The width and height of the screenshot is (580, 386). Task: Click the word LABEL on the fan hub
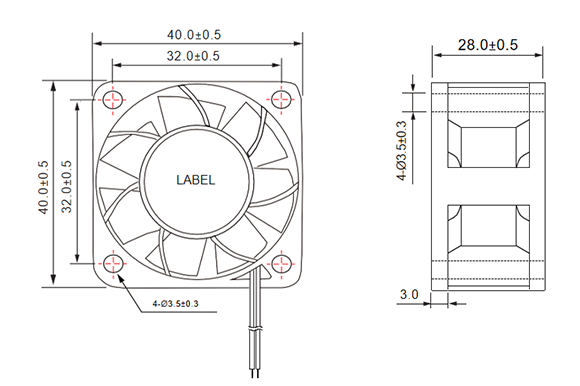click(x=195, y=180)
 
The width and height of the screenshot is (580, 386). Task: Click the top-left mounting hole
click(x=113, y=99)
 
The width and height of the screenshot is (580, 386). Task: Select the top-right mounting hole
click(x=281, y=99)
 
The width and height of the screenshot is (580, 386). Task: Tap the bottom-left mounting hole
click(x=113, y=263)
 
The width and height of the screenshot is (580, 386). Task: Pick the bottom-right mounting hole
click(x=281, y=264)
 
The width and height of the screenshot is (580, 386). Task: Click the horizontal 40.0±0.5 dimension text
click(x=194, y=35)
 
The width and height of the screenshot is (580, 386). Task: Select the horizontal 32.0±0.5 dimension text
click(x=193, y=56)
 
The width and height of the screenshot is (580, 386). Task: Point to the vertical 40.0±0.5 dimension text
click(x=43, y=187)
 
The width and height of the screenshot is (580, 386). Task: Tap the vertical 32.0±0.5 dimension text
click(x=67, y=186)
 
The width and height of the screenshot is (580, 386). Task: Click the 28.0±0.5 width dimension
click(x=488, y=45)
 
